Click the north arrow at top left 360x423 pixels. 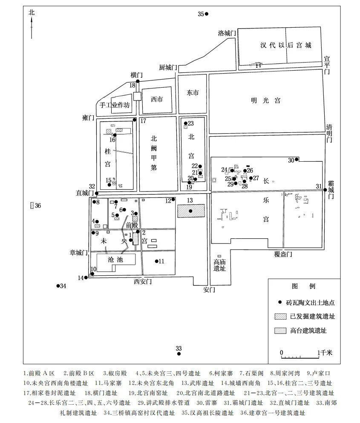point(32,27)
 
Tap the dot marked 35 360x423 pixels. point(207,14)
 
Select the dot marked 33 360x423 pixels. point(179,354)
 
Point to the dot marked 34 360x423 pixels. point(58,286)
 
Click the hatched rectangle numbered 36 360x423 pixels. point(32,206)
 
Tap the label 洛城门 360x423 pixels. point(227,33)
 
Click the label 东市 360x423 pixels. point(193,93)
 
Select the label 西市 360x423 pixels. point(157,99)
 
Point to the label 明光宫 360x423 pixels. point(266,100)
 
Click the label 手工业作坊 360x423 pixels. point(115,105)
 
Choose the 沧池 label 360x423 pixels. point(115,260)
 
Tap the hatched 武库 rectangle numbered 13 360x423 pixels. point(191,211)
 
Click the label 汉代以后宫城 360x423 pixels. point(286,45)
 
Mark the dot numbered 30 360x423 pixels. point(297,160)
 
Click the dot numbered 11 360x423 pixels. point(156,261)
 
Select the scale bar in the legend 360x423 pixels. point(300,357)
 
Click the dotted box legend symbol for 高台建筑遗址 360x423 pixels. point(280,331)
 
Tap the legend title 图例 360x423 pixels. point(304,286)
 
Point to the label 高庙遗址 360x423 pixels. point(219,265)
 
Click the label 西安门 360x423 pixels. point(143,282)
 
